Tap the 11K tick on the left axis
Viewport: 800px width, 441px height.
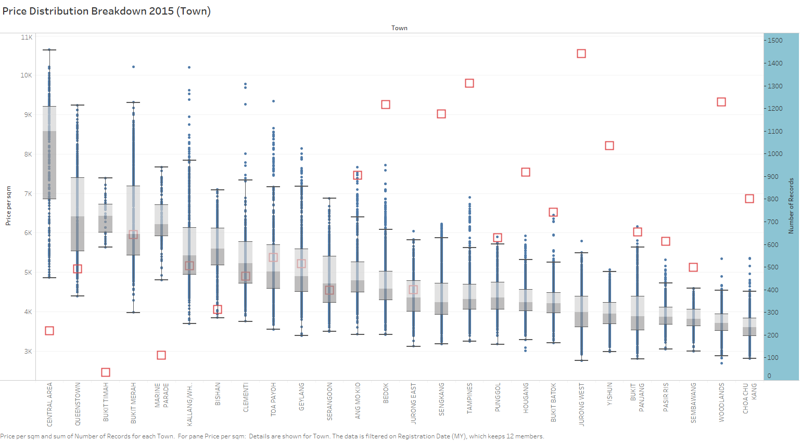pos(27,37)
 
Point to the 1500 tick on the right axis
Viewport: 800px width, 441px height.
pos(775,41)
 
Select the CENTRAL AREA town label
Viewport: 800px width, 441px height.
pos(50,405)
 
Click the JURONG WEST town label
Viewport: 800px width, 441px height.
pos(582,405)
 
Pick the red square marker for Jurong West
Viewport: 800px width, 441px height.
pos(581,54)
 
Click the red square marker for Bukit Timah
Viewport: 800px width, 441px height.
pos(106,372)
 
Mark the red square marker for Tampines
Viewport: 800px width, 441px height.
pos(469,83)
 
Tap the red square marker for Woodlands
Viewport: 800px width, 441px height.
pos(721,102)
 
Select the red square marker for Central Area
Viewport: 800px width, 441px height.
pos(49,331)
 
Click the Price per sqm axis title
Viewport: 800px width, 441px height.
pos(8,206)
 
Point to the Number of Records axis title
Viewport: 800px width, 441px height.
pos(791,206)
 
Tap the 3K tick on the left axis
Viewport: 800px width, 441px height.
pos(28,352)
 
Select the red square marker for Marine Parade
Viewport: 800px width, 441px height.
pos(161,355)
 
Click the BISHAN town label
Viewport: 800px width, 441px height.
pos(218,394)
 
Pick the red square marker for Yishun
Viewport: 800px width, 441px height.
pos(609,146)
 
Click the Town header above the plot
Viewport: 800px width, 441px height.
pos(399,28)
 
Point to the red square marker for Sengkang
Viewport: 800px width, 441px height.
pos(441,114)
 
